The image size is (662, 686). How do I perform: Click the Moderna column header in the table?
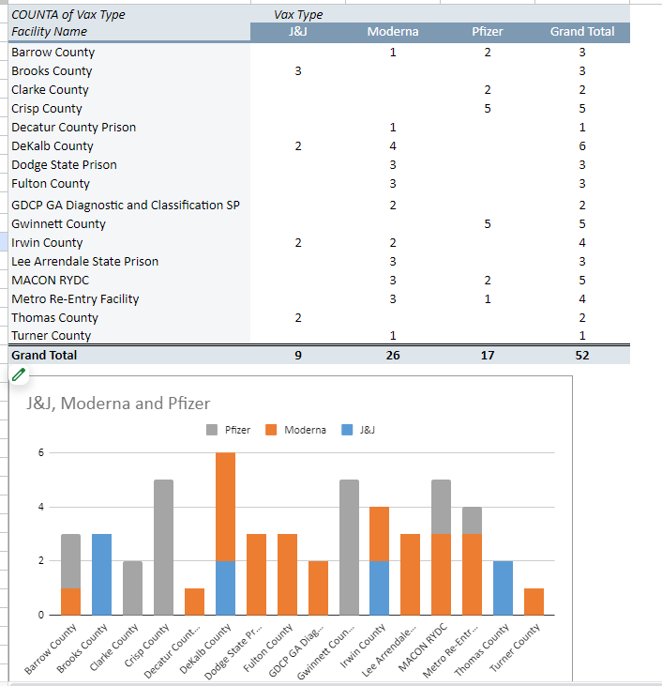[x=393, y=32]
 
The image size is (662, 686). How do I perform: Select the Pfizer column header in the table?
[x=488, y=32]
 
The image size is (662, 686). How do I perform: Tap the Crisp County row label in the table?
[x=47, y=109]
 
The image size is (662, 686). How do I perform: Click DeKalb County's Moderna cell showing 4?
[x=393, y=146]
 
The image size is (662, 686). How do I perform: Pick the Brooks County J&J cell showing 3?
[x=298, y=71]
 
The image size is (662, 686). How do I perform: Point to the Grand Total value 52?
[x=582, y=356]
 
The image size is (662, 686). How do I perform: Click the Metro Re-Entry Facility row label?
[x=75, y=299]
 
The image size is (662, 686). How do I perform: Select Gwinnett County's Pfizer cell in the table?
[x=488, y=224]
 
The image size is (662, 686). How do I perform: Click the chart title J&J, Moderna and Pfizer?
[x=113, y=404]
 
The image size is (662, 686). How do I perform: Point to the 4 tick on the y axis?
[x=40, y=508]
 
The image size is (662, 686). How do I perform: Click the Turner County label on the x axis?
[x=516, y=647]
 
